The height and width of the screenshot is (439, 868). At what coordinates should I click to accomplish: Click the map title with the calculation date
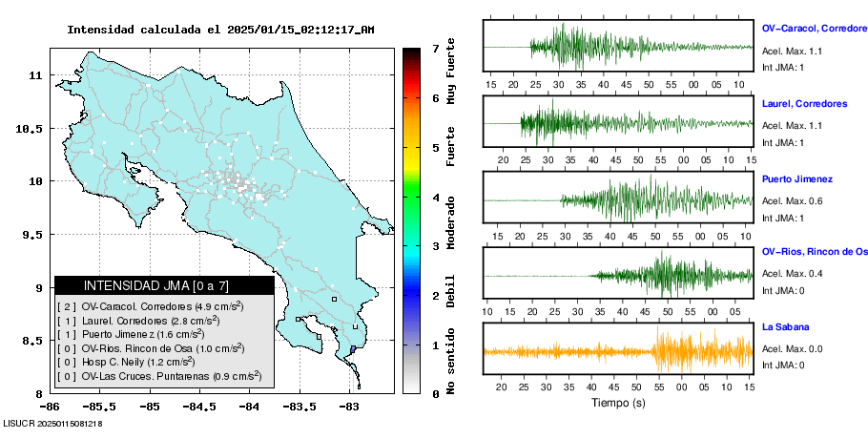[220, 30]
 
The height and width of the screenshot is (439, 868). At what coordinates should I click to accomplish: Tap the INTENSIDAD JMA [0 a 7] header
[164, 285]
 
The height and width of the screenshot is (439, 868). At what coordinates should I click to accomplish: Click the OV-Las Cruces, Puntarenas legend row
[158, 376]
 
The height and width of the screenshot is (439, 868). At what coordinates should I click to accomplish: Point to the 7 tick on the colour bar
[434, 48]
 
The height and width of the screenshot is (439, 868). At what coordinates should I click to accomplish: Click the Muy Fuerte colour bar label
[451, 73]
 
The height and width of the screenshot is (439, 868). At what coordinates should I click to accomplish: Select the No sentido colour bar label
[451, 363]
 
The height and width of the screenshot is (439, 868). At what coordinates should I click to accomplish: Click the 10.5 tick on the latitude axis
[33, 128]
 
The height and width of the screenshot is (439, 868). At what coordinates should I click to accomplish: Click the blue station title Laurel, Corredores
[804, 103]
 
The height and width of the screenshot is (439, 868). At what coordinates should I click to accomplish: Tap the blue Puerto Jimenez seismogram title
[797, 178]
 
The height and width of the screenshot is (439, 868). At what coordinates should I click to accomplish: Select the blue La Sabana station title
[785, 327]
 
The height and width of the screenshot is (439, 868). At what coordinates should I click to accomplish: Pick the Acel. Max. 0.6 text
[792, 201]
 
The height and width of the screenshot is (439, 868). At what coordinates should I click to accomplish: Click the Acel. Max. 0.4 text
[792, 274]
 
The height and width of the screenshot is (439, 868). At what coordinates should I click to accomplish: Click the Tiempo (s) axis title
[617, 403]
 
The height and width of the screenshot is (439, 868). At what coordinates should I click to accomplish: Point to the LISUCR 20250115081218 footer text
[52, 423]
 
